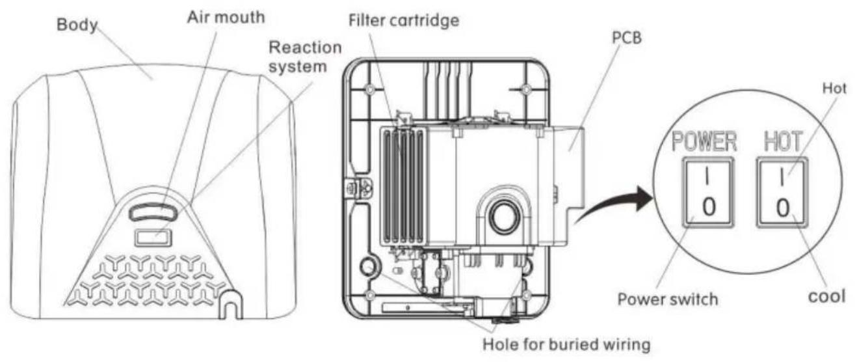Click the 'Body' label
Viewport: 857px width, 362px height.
(x=77, y=25)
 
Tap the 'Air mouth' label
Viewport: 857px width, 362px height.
(x=226, y=17)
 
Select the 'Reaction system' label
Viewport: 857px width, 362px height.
(x=305, y=57)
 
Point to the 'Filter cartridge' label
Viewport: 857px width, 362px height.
(x=404, y=20)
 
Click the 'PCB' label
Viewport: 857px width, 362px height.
(x=627, y=38)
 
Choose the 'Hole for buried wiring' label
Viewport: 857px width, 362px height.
(x=566, y=344)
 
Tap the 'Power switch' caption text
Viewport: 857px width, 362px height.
(x=668, y=299)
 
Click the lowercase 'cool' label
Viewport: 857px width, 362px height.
(x=826, y=297)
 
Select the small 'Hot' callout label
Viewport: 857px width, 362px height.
(x=834, y=89)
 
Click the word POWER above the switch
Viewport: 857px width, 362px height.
(x=704, y=141)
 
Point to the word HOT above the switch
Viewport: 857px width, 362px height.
(x=783, y=141)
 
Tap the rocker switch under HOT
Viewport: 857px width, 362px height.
(x=782, y=193)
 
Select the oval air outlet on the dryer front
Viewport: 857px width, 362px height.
(x=153, y=212)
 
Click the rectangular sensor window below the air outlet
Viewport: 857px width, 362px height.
(x=153, y=238)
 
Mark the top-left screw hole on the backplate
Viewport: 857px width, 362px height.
(x=370, y=90)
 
